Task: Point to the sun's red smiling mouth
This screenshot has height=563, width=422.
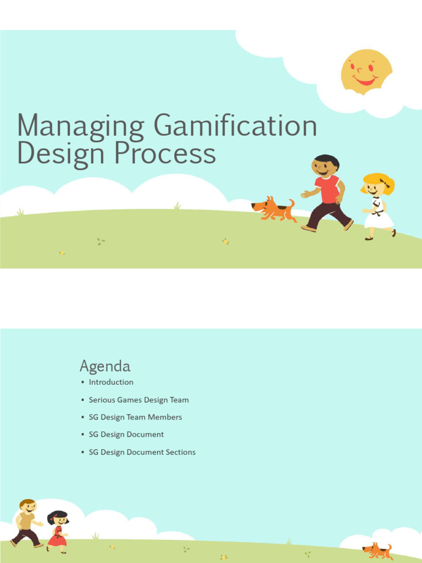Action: pyautogui.click(x=364, y=81)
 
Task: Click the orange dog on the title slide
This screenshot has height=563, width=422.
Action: pyautogui.click(x=274, y=209)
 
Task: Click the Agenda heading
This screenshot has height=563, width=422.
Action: pyautogui.click(x=105, y=366)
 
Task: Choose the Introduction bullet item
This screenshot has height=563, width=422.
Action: pyautogui.click(x=111, y=382)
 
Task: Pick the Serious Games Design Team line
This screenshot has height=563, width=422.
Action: pyautogui.click(x=138, y=400)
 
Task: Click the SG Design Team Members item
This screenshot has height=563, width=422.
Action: pyautogui.click(x=135, y=417)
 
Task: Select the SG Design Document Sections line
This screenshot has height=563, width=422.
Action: pyautogui.click(x=142, y=452)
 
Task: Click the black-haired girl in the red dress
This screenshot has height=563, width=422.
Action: pyautogui.click(x=57, y=531)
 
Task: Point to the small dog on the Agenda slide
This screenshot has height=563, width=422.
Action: pyautogui.click(x=378, y=550)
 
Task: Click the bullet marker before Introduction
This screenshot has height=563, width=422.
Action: pyautogui.click(x=82, y=382)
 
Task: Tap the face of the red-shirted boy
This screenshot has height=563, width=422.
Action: pyautogui.click(x=323, y=167)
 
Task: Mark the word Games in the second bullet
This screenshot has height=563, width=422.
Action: pyautogui.click(x=129, y=400)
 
